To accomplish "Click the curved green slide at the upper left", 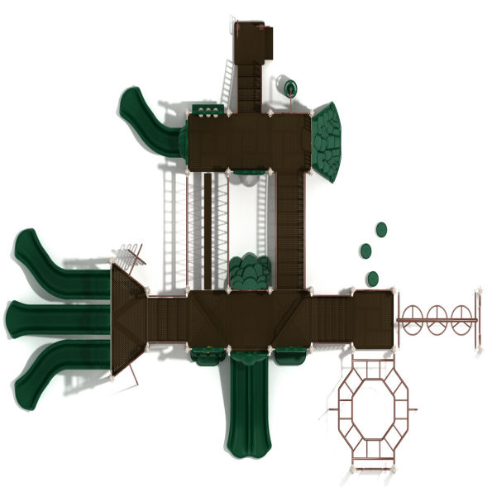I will coord(146,121).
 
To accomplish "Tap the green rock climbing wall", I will coord(327,141).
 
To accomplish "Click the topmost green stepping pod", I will coord(381,229).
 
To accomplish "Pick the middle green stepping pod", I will coord(365,251).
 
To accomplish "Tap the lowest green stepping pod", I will coord(373,277).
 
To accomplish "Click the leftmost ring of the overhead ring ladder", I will coord(411,317).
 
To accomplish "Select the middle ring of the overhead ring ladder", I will coord(437,317).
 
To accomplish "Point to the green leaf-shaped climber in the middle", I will coord(248,272).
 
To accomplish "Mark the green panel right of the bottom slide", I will coord(289,356).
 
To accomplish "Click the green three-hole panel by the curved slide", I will coord(207,110).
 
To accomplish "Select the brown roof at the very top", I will coord(253,41).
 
